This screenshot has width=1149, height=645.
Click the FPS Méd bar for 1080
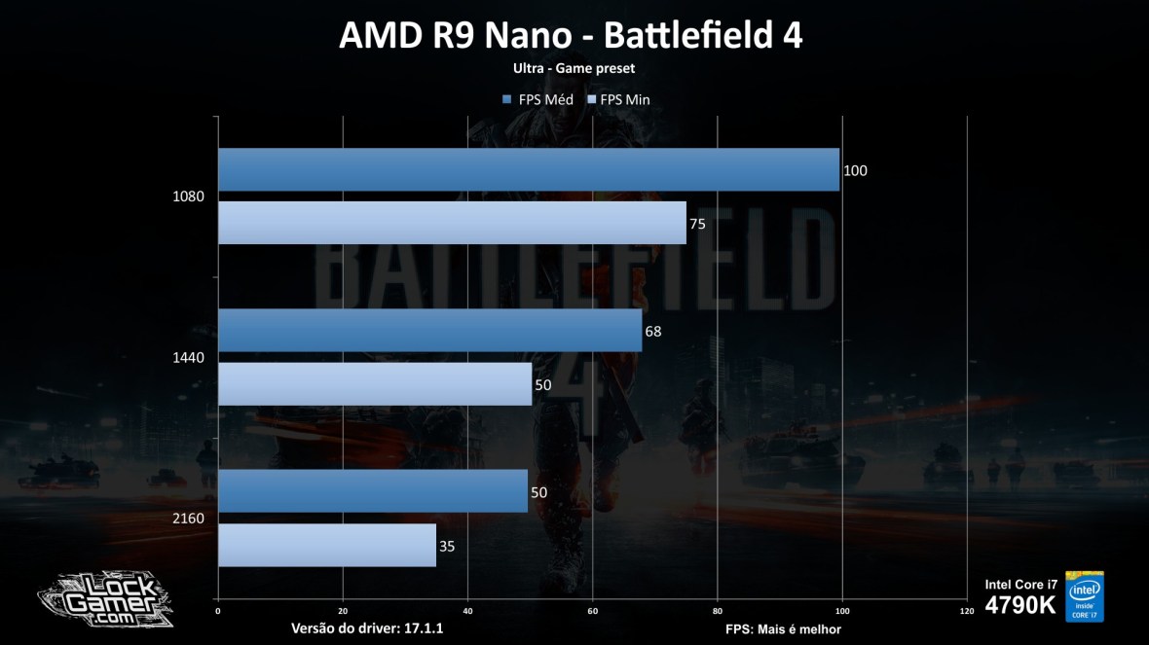point(529,169)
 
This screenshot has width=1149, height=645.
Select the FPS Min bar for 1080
point(452,223)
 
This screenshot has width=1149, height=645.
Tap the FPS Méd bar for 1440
point(429,330)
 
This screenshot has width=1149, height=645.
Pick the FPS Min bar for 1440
point(375,383)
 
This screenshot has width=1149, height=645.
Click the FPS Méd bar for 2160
point(373,490)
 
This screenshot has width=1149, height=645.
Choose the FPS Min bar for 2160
point(327,545)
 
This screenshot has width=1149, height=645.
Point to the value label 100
point(855,171)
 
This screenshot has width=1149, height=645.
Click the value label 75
point(697,225)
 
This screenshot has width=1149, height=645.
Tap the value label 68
point(653,332)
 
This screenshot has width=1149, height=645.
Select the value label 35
point(447,547)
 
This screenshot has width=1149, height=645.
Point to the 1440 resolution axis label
point(188,357)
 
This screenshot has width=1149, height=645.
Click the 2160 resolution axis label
point(188,518)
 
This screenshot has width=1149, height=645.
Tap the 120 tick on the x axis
point(966,611)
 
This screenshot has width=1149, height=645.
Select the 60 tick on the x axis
point(592,611)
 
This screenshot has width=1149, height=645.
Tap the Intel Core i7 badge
point(1084,595)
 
